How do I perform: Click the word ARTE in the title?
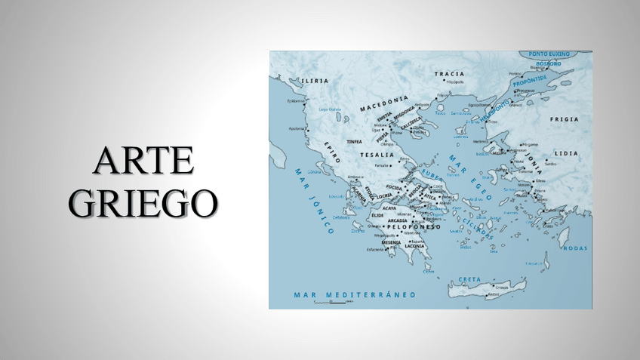pyautogui.click(x=143, y=161)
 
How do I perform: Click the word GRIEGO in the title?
pyautogui.click(x=143, y=202)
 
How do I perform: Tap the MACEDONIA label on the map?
pyautogui.click(x=383, y=104)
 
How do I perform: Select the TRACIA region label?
pyautogui.click(x=449, y=74)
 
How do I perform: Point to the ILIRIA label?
pyautogui.click(x=315, y=80)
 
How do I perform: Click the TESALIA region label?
pyautogui.click(x=377, y=154)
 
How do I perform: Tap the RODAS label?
pyautogui.click(x=576, y=248)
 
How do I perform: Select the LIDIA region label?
pyautogui.click(x=565, y=153)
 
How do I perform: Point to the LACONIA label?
pyautogui.click(x=415, y=246)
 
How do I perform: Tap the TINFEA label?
pyautogui.click(x=354, y=141)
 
